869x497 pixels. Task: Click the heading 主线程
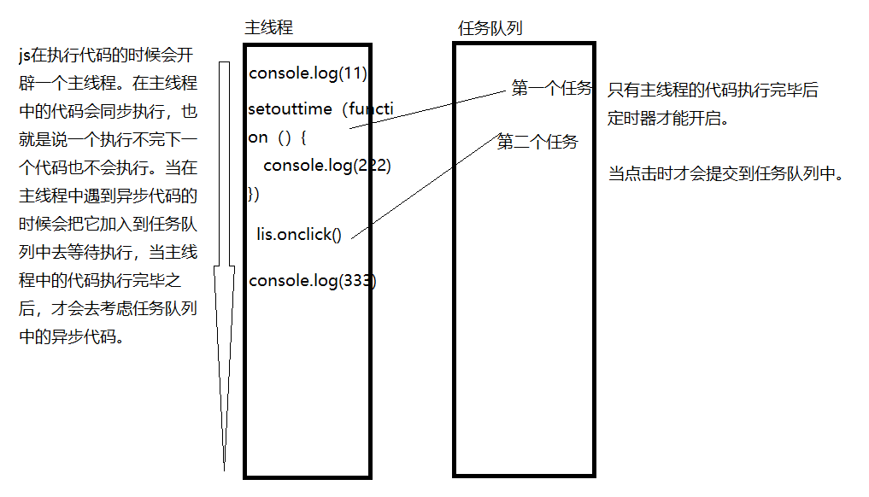(268, 28)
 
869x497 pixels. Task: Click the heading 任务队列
(490, 28)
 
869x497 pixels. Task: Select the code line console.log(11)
(308, 73)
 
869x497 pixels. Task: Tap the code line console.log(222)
(326, 166)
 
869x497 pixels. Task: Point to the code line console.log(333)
(312, 281)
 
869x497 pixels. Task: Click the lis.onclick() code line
(298, 235)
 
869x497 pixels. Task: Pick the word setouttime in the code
(285, 109)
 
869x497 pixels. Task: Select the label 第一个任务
(551, 89)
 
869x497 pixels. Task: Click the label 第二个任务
(537, 142)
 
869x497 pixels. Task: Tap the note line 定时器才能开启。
(669, 119)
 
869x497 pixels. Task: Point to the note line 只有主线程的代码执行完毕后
(713, 91)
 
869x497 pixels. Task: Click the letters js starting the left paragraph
(24, 56)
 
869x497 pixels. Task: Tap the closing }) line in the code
(254, 194)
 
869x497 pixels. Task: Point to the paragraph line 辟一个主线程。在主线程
(108, 84)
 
